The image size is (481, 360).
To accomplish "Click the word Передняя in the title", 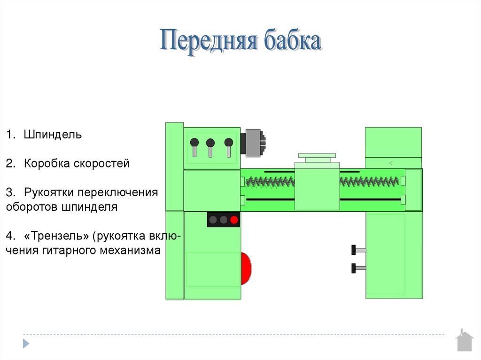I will pyautogui.click(x=208, y=42).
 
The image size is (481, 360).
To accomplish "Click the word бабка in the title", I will pyautogui.click(x=293, y=42).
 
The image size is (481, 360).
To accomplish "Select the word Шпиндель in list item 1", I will pyautogui.click(x=53, y=135).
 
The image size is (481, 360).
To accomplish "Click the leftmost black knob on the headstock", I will pyautogui.click(x=194, y=142).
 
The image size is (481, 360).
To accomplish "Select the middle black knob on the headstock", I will pyautogui.click(x=210, y=142).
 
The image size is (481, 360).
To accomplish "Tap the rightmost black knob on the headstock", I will pyautogui.click(x=229, y=142).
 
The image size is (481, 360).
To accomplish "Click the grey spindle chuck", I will pyautogui.click(x=252, y=141).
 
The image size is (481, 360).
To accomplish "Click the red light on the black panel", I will pyautogui.click(x=234, y=220).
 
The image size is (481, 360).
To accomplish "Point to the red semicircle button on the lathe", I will pyautogui.click(x=246, y=268).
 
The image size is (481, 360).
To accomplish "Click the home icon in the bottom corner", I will pyautogui.click(x=464, y=341).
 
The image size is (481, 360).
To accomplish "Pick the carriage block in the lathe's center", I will pyautogui.click(x=317, y=186).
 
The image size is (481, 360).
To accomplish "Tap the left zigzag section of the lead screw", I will pyautogui.click(x=270, y=181).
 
